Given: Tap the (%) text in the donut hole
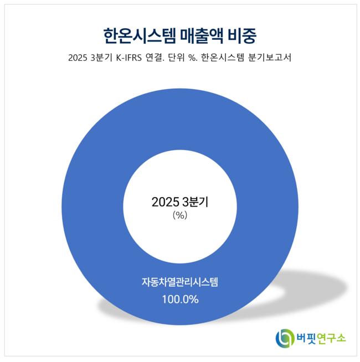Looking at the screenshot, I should pos(180,216).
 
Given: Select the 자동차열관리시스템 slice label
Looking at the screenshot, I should pos(180,283).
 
